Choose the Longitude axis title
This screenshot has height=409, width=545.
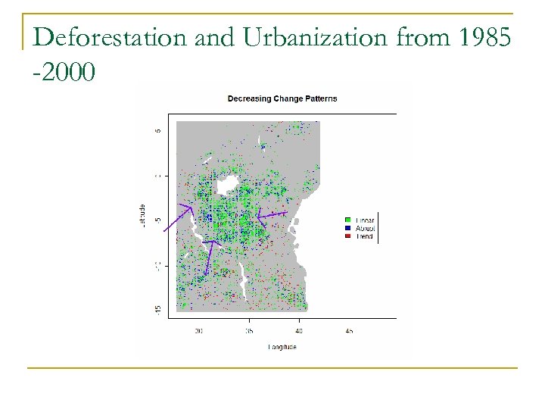click(282, 347)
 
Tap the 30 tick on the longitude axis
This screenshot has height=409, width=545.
click(199, 330)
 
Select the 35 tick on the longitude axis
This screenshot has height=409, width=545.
click(249, 330)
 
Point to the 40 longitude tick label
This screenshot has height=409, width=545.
click(299, 330)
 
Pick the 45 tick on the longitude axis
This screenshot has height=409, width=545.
click(349, 330)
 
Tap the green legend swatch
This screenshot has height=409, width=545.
click(347, 219)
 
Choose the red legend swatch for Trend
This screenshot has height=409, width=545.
click(347, 236)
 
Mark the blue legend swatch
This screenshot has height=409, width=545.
click(347, 228)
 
